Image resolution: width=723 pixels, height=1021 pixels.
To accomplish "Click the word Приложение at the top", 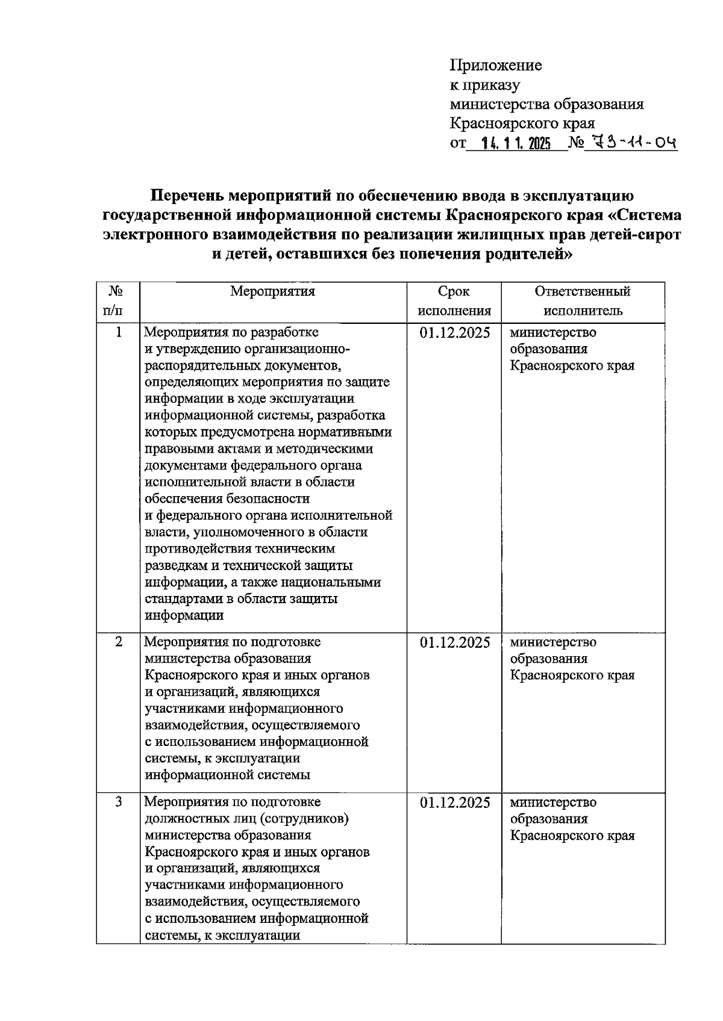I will tap(496, 66).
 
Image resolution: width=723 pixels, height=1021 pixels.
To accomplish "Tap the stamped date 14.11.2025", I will tap(516, 144).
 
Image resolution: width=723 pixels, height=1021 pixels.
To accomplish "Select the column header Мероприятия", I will tap(273, 292).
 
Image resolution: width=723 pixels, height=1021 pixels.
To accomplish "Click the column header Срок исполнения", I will tap(454, 301).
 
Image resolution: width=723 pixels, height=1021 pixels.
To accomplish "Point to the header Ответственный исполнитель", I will tap(583, 301).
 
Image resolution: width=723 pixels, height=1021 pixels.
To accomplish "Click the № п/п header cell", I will tap(117, 301).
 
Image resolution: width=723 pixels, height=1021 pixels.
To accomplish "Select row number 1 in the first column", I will tap(118, 332).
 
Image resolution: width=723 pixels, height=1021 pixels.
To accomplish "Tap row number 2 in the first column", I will tap(118, 642).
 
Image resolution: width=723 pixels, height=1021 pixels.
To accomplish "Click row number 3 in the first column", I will tap(118, 802).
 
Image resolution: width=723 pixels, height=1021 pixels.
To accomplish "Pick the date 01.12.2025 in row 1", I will tap(455, 333).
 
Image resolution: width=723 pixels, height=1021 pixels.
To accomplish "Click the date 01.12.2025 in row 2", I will tap(455, 643).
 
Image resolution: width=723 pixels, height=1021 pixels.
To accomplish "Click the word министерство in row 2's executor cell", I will tap(553, 642).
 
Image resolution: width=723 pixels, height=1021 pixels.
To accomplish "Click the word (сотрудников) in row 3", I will tap(311, 819).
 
